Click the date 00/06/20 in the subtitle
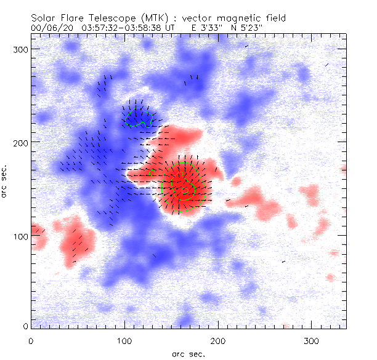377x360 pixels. (x=50, y=28)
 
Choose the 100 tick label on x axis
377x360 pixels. (x=124, y=340)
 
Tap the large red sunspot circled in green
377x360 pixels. (x=182, y=186)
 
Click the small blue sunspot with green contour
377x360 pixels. (x=138, y=116)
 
